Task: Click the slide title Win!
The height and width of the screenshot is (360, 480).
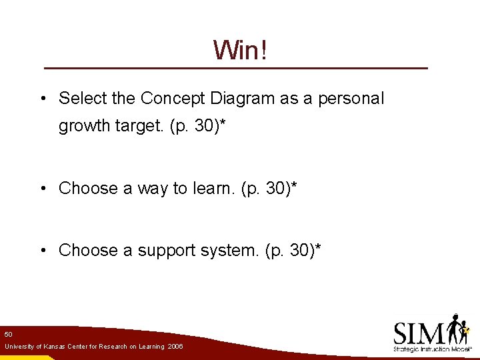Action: pos(240,49)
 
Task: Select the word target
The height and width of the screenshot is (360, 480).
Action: pos(136,127)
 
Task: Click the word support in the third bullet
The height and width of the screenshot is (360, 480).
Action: pos(166,251)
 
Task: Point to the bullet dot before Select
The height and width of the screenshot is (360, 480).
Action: pos(43,99)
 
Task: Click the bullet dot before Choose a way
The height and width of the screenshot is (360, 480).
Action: pos(43,189)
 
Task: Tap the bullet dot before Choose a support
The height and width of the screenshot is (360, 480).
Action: pos(43,251)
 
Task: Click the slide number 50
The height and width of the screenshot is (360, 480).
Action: pos(8,333)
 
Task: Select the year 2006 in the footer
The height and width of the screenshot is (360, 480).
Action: pos(175,347)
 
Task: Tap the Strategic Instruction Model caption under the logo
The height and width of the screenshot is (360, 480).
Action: pos(433,349)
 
